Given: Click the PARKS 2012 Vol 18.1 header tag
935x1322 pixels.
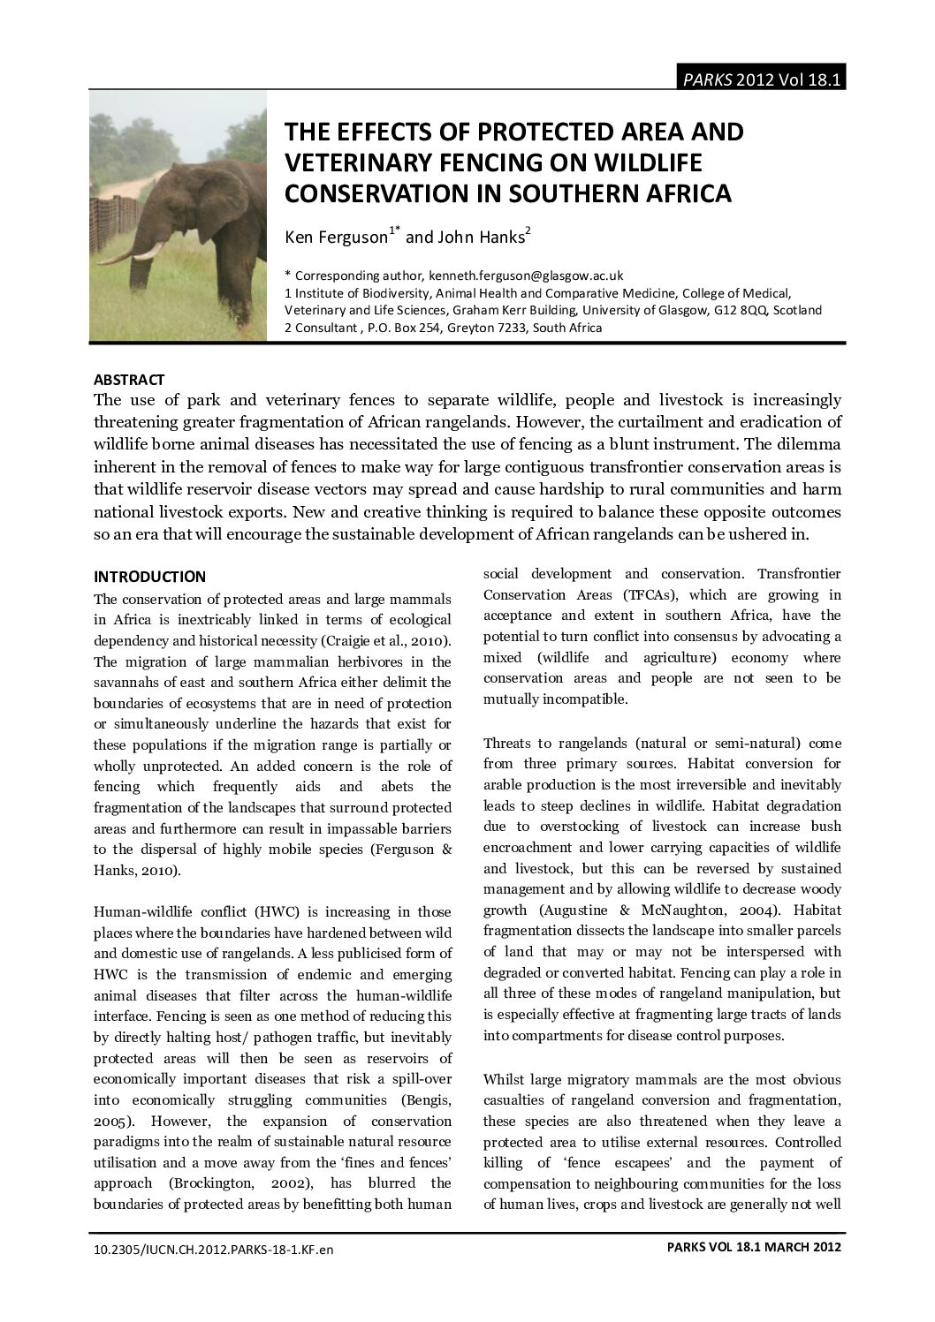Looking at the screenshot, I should click(x=760, y=79).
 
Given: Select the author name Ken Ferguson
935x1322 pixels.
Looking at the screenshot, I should click(x=337, y=237).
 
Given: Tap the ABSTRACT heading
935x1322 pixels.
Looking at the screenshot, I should click(x=129, y=380).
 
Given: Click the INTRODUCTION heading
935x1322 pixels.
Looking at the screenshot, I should click(x=149, y=577).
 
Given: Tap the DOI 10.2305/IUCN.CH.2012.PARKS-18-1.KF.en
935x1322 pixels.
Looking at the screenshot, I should click(x=214, y=1249).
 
